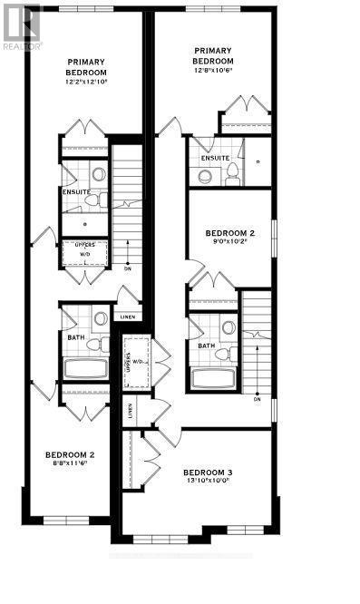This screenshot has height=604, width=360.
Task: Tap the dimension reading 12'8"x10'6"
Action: (x=213, y=73)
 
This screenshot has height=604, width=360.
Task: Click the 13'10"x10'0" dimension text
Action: (x=208, y=482)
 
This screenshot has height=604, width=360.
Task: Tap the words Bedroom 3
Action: (x=208, y=472)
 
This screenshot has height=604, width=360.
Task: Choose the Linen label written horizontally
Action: (x=128, y=317)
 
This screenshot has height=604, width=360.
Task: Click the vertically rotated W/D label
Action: (x=139, y=364)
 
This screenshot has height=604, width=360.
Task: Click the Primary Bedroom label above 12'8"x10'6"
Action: (x=213, y=56)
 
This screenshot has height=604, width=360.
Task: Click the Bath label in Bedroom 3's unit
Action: (x=206, y=345)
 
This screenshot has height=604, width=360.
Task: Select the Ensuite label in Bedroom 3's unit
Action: (x=216, y=158)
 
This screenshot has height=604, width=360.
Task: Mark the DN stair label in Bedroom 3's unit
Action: (x=258, y=398)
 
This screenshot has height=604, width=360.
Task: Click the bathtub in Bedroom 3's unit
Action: (x=214, y=377)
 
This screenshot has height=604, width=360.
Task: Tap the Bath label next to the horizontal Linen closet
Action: (x=75, y=337)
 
